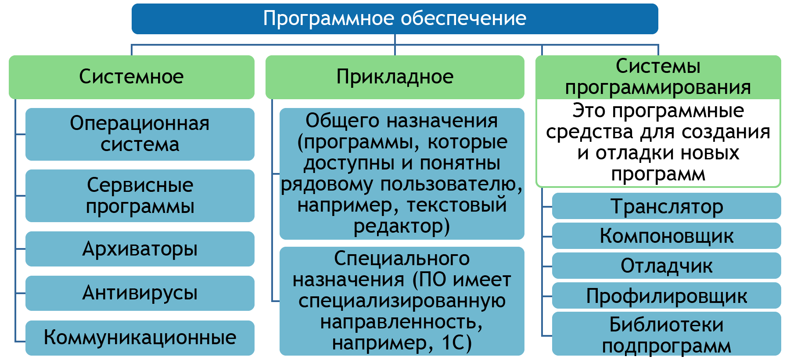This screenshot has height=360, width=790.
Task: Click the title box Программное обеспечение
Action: point(395,19)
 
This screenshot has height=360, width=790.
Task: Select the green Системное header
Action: point(132,77)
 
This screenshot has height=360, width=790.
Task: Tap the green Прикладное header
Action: point(395,77)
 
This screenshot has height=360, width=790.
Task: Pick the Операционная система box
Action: point(140,134)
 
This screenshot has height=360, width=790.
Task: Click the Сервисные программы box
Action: point(140,196)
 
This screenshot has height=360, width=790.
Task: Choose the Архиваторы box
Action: point(140,249)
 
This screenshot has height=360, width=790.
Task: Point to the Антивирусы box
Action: point(140,293)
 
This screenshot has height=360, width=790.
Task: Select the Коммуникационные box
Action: point(140,338)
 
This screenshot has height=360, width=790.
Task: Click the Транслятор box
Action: point(667,206)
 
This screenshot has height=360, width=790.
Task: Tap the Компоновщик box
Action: point(667,236)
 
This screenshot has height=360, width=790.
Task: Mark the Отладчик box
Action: point(667,266)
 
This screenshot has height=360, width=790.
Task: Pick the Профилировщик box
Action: point(667,295)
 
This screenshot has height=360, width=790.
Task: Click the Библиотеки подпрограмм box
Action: point(667,334)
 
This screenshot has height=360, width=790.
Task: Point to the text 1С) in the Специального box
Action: point(457,343)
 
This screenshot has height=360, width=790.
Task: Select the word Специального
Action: point(402,259)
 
